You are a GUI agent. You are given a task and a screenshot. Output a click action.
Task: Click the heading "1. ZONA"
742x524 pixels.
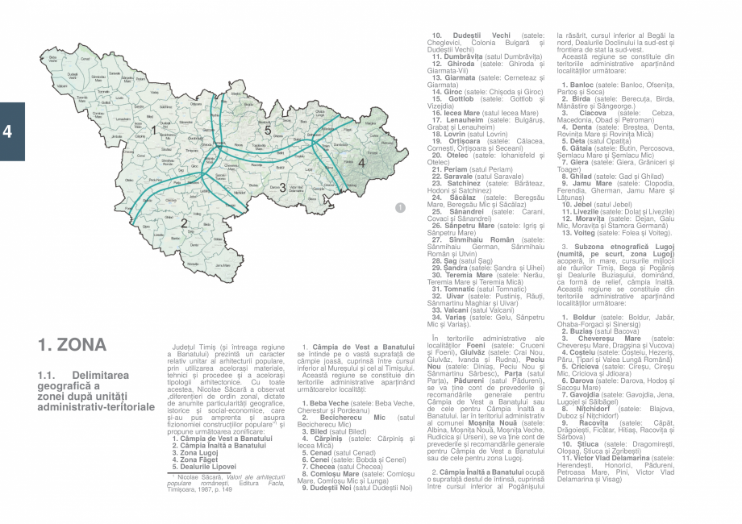tap(72, 346)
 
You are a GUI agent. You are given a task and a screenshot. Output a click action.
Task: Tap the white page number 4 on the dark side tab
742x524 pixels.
tap(7, 131)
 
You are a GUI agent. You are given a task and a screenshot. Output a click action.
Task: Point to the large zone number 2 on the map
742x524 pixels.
tap(184, 223)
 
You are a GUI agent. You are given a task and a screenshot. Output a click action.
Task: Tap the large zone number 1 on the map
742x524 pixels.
tap(152, 129)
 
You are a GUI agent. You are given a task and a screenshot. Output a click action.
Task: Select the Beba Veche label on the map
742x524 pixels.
tap(53, 58)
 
